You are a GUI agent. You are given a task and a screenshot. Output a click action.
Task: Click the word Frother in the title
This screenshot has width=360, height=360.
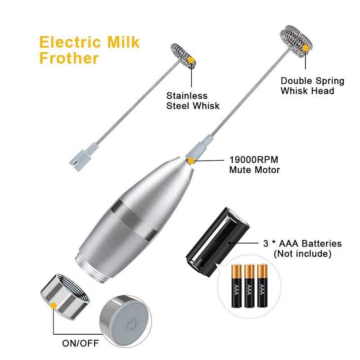(69, 58)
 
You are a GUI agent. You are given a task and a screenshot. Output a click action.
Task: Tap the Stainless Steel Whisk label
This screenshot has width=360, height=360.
(193, 101)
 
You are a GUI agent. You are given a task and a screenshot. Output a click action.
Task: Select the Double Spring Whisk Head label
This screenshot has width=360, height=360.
(312, 86)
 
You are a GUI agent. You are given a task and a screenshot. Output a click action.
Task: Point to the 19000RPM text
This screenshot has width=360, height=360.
(252, 160)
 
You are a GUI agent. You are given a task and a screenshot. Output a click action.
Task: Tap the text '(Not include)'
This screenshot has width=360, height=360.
(302, 254)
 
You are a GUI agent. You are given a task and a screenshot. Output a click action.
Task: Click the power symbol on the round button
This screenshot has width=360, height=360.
(131, 324)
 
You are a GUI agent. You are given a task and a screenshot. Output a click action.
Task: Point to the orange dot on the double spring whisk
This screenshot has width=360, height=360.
(306, 47)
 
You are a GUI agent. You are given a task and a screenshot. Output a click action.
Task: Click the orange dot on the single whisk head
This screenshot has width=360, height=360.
(191, 59)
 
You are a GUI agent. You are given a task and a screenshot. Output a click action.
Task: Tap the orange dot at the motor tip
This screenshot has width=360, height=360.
(191, 160)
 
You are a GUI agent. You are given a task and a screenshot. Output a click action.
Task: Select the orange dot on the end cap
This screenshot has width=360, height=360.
(54, 306)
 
